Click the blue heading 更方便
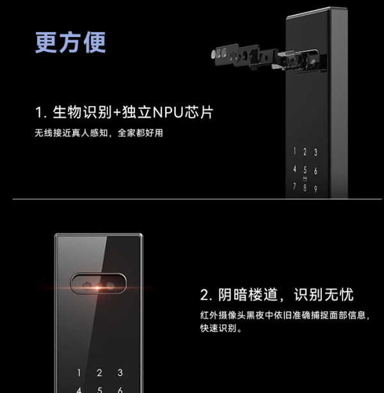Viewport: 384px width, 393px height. click(70, 42)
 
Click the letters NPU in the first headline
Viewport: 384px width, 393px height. click(168, 112)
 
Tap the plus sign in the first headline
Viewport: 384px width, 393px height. click(117, 113)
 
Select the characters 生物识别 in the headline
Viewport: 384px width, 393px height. click(82, 112)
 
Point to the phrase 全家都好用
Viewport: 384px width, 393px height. click(140, 133)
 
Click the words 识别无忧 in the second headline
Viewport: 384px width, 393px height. click(324, 294)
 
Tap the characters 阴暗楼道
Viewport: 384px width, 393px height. click(248, 294)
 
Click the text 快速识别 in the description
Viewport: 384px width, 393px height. click(218, 328)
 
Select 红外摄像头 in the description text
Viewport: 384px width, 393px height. click(223, 315)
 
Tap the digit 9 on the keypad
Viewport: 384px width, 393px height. click(316, 189)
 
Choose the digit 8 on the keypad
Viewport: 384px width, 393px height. click(305, 188)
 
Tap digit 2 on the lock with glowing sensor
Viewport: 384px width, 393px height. click(99, 373)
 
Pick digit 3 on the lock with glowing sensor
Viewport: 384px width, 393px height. click(120, 373)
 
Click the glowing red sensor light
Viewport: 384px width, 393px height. click(97, 287)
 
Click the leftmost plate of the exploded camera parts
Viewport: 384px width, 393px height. click(225, 54)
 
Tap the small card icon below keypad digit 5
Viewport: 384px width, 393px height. click(305, 179)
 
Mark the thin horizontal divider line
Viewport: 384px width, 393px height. click(197, 199)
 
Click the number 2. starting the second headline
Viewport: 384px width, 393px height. click(206, 295)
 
